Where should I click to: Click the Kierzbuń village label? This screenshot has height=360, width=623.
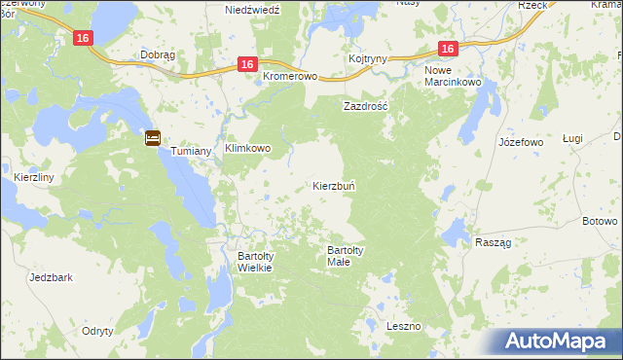339,185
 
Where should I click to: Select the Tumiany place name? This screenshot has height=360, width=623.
192,151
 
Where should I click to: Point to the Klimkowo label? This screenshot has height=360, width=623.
247,149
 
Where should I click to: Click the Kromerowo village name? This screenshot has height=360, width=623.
291,76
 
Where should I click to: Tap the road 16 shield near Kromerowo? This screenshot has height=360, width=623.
247,64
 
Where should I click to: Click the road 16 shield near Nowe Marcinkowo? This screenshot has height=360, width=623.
447,49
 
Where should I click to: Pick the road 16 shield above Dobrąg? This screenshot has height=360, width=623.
84,37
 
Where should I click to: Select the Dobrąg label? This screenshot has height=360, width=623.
157,55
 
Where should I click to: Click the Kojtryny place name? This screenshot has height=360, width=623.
368,58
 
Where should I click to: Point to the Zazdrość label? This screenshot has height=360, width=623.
365,105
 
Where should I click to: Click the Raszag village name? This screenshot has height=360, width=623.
494,242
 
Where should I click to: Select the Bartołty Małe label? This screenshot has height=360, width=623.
346,256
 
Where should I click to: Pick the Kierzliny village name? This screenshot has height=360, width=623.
34,178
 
